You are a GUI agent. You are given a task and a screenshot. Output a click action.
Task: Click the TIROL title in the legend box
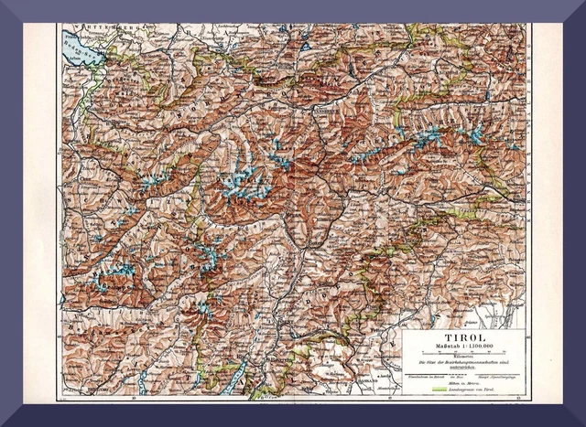pyautogui.click(x=462, y=337)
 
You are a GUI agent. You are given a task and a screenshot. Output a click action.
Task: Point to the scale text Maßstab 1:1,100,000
pyautogui.click(x=462, y=347)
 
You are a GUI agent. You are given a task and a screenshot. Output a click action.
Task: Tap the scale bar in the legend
pyautogui.click(x=462, y=353)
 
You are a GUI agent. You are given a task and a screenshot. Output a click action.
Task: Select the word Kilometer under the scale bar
pyautogui.click(x=462, y=358)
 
